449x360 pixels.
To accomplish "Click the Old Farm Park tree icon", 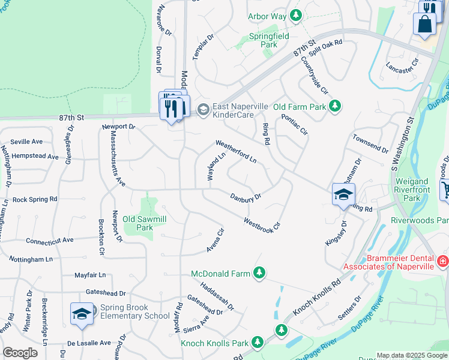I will pyautogui.click(x=335, y=107).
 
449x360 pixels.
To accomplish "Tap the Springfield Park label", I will pyautogui.click(x=270, y=40).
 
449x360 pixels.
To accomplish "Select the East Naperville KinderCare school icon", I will pyautogui.click(x=203, y=109).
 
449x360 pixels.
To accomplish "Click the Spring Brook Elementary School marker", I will pyautogui.click(x=82, y=314).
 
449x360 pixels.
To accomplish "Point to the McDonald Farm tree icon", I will pyautogui.click(x=259, y=274).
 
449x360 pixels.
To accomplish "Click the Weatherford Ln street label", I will pyautogui.click(x=236, y=152).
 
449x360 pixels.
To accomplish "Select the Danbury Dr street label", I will pyautogui.click(x=246, y=196).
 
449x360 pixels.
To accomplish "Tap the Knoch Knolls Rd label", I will pyautogui.click(x=317, y=297).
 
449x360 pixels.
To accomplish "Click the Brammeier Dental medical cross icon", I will pyautogui.click(x=442, y=262).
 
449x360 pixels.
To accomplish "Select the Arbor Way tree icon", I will pyautogui.click(x=295, y=16).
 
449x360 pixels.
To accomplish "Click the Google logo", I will pyautogui.click(x=20, y=352).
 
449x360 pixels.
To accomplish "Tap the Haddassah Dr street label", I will pyautogui.click(x=217, y=296).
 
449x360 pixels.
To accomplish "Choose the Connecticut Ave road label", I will pyautogui.click(x=49, y=240).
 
